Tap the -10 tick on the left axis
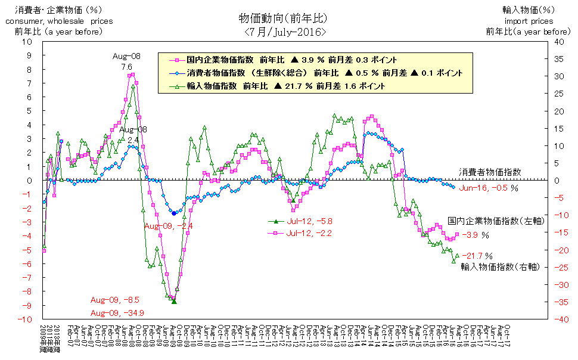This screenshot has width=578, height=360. point(28,319)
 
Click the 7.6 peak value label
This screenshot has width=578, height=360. point(126,67)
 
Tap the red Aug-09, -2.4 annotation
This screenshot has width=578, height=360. point(169,226)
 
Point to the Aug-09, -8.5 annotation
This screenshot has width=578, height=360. point(115,300)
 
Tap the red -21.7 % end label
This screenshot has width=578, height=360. point(475,256)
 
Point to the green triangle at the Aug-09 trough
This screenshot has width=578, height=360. point(174,302)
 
